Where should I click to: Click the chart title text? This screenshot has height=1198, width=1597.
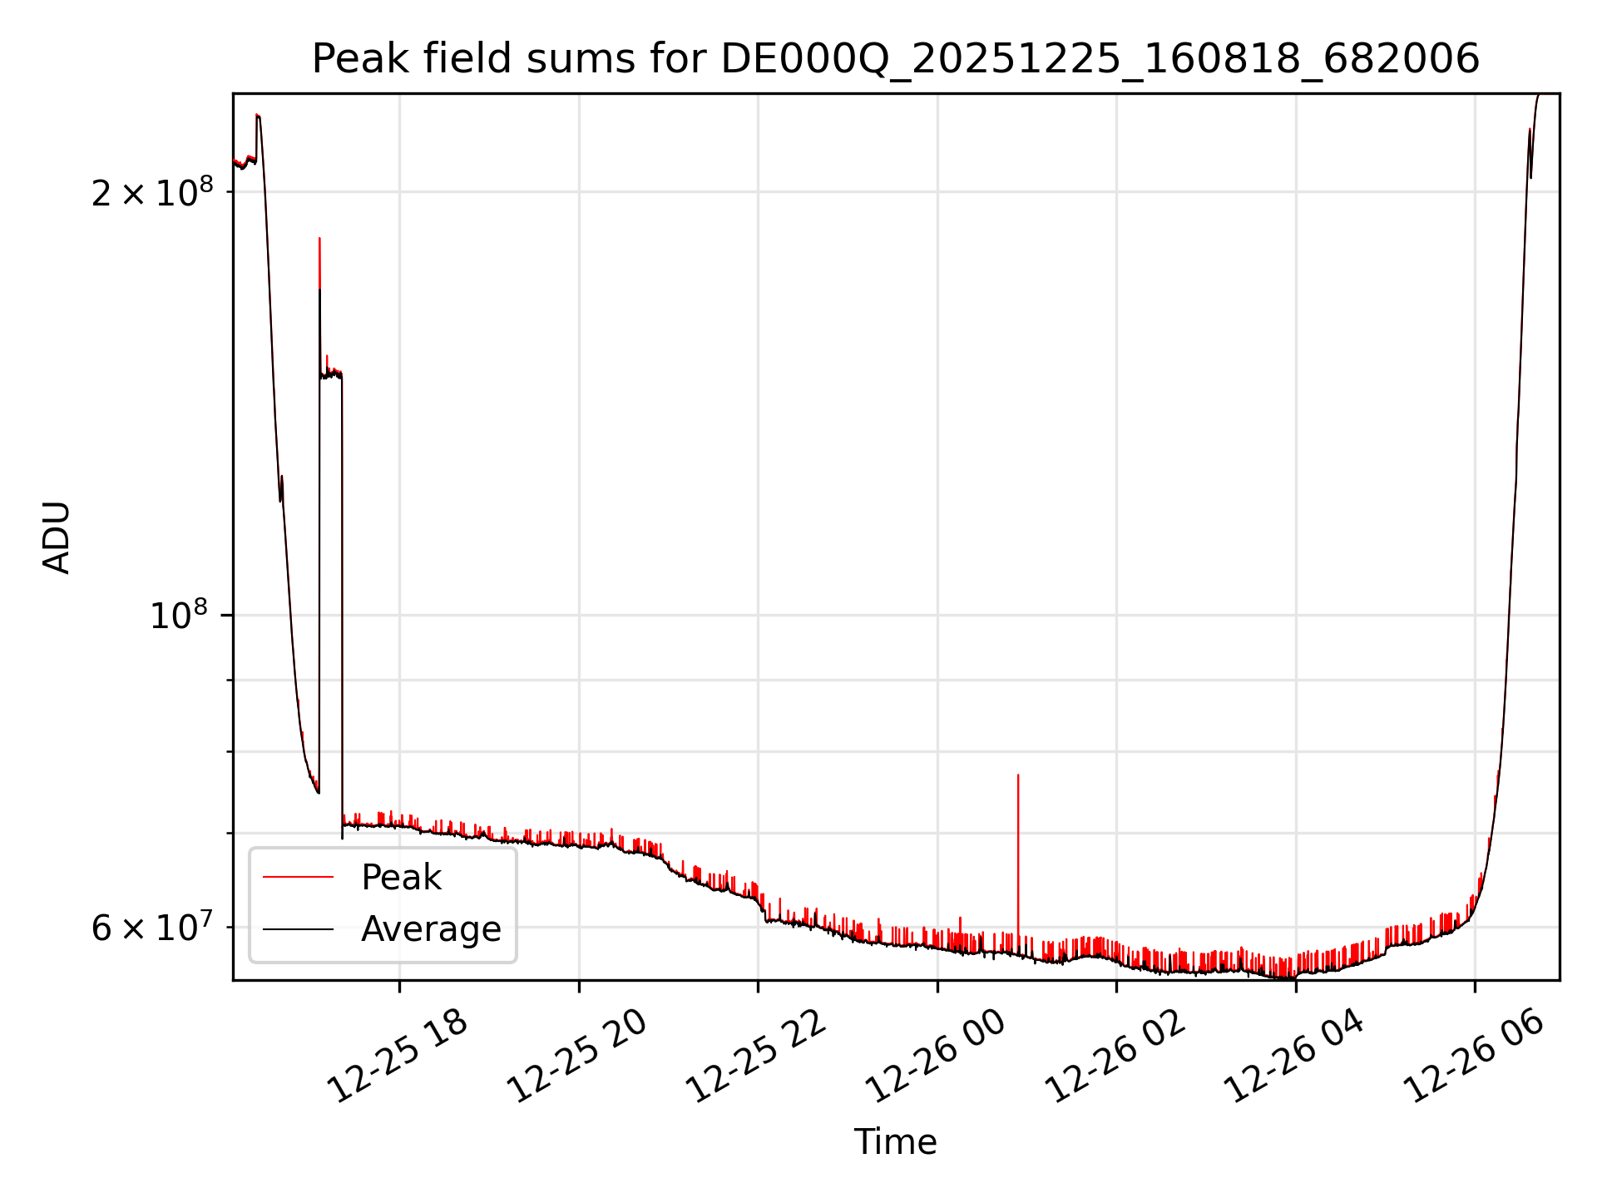pos(895,59)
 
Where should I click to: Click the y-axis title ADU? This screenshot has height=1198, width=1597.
pos(57,537)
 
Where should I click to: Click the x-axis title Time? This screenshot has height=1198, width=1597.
pos(895,1142)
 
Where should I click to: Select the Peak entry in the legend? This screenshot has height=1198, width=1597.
pos(401,878)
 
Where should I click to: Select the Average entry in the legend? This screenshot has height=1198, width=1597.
pos(430,929)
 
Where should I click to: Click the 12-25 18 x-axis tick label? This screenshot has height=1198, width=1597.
pos(398,1057)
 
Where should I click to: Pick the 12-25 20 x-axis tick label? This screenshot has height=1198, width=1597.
pos(577,1057)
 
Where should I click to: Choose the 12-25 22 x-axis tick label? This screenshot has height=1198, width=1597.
pos(757,1057)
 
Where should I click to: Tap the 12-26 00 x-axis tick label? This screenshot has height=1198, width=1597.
pos(937,1057)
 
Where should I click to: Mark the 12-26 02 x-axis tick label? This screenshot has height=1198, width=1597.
pos(1115,1057)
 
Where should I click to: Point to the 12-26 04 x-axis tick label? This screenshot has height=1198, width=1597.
pos(1295,1057)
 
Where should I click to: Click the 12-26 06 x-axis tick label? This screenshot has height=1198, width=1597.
pos(1474,1057)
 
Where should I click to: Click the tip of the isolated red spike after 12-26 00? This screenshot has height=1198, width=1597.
pos(1018,775)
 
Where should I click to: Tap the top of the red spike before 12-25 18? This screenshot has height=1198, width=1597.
pos(319,239)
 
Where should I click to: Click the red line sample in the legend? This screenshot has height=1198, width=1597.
pos(298,878)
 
